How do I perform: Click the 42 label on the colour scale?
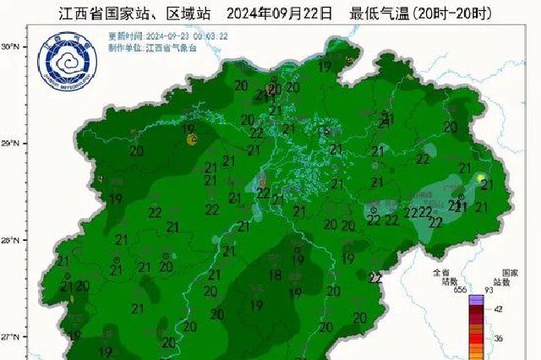(x=498, y=309)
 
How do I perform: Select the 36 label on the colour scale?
(x=498, y=337)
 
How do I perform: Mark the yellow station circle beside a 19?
(x=194, y=137)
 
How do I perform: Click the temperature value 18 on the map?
(x=276, y=275)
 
